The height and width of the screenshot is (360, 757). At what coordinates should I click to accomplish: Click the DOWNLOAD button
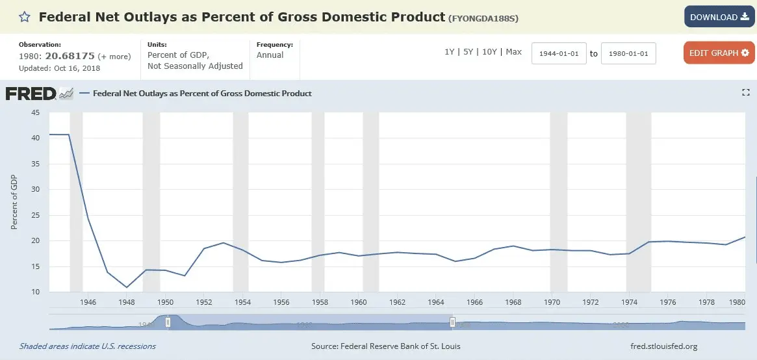(719, 17)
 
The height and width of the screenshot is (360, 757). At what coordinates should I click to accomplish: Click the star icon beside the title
(24, 17)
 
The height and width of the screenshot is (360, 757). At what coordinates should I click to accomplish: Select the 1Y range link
(449, 52)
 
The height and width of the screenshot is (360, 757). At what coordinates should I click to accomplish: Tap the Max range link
(513, 52)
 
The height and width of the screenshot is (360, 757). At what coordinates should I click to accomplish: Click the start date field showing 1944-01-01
(559, 53)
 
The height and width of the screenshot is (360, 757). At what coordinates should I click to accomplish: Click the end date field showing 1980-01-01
(628, 53)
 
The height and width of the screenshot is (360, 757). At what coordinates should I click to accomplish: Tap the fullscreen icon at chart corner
(746, 93)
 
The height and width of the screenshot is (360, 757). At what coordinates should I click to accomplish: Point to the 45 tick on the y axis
(36, 112)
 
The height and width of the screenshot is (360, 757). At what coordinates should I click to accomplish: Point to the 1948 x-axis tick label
(127, 302)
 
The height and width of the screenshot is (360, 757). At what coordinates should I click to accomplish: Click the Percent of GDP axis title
(14, 202)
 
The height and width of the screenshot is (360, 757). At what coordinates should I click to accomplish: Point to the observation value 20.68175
(70, 56)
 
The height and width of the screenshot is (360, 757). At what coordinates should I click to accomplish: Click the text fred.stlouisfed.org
(663, 346)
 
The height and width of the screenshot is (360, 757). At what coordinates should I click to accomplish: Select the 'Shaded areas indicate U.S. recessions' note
(88, 346)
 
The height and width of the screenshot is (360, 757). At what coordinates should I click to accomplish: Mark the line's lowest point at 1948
(127, 287)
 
